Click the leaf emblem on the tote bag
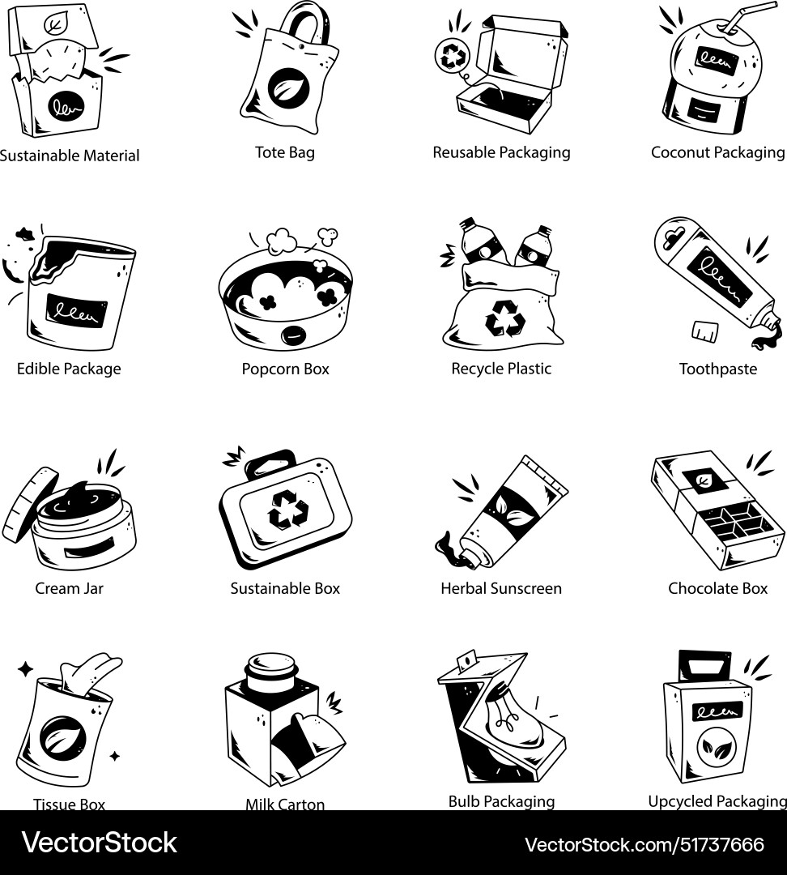(284, 84)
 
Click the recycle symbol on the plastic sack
(504, 318)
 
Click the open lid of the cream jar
(29, 504)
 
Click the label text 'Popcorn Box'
(285, 369)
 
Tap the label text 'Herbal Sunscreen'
(500, 588)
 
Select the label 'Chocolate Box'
(717, 588)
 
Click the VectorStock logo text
(99, 843)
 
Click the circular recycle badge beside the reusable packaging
(449, 55)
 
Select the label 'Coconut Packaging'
(717, 152)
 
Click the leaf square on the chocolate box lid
(698, 480)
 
